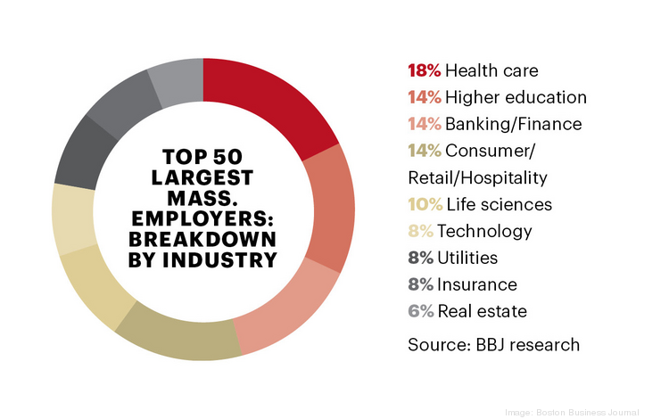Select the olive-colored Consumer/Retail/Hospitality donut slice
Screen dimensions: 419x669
coord(178,335)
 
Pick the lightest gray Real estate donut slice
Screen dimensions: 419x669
coord(177,79)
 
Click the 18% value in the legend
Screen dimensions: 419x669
coord(425,70)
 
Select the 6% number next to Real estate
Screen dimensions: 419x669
coord(420,311)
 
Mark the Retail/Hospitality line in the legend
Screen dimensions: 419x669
coord(477,177)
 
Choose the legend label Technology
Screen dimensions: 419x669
coord(483,231)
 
